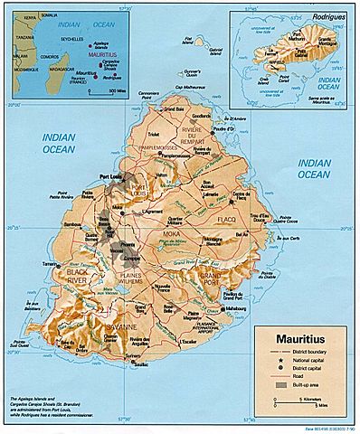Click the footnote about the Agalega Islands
point(50,406)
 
